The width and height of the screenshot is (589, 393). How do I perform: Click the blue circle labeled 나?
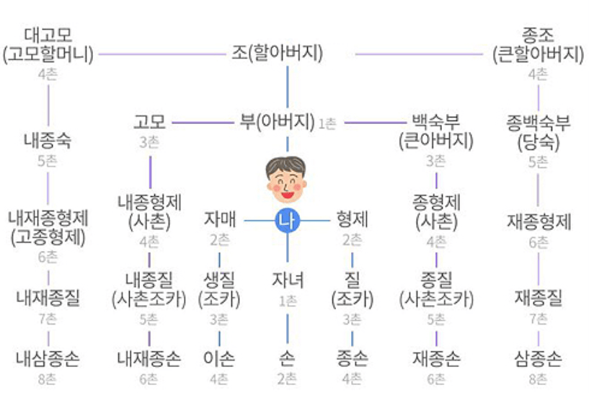tap(288, 221)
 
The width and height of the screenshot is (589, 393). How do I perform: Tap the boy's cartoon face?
tap(286, 180)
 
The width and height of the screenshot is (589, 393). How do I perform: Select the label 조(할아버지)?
tap(278, 53)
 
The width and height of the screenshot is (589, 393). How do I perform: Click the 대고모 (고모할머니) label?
tap(48, 45)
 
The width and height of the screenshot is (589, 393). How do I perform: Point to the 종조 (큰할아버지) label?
tap(538, 45)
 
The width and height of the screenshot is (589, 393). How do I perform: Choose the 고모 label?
tap(149, 122)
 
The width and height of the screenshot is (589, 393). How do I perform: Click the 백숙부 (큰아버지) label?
tap(436, 132)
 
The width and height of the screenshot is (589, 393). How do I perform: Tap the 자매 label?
tap(220, 219)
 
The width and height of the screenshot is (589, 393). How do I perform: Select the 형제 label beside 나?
tap(352, 219)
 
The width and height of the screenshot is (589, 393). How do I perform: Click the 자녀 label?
tap(288, 280)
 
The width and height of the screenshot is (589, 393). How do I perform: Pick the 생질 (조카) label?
tap(219, 290)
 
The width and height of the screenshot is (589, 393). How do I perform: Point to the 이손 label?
tap(219, 358)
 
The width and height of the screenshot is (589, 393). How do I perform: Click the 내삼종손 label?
tap(48, 358)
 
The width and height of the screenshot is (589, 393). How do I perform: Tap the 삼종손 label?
tap(539, 358)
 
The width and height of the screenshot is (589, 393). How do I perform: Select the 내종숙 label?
tap(48, 141)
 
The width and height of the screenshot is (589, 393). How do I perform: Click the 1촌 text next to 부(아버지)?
tap(327, 123)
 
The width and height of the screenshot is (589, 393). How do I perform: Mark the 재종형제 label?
tap(539, 221)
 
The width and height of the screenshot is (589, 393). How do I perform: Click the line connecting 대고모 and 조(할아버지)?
tap(162, 54)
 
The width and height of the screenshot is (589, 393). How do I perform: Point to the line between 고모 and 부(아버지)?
tap(203, 123)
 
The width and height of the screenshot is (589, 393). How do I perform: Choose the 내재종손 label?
tap(149, 358)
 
